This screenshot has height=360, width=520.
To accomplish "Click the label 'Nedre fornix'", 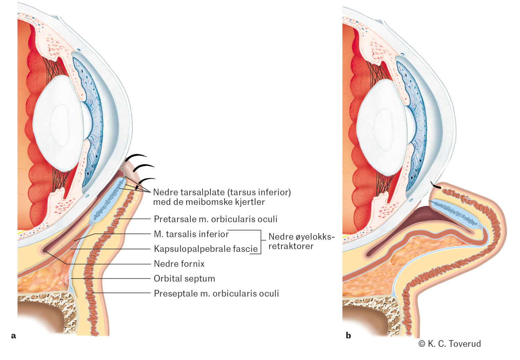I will [179, 264].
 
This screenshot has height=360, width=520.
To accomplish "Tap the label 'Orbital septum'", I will [184, 279].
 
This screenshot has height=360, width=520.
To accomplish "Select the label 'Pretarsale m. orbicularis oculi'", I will [215, 219].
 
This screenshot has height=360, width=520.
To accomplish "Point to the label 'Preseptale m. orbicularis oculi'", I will [216, 294].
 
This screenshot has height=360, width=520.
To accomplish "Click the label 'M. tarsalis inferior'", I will [191, 234].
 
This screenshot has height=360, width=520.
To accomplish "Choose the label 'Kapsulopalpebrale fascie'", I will [206, 249].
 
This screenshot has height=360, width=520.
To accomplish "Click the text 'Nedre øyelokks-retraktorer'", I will [301, 241].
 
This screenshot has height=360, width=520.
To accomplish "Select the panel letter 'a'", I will [14, 335].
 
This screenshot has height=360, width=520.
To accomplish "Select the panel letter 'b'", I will [348, 335].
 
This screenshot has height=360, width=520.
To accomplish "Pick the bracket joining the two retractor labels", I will [261, 242].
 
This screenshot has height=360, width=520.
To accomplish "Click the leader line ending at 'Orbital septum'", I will [111, 278].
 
